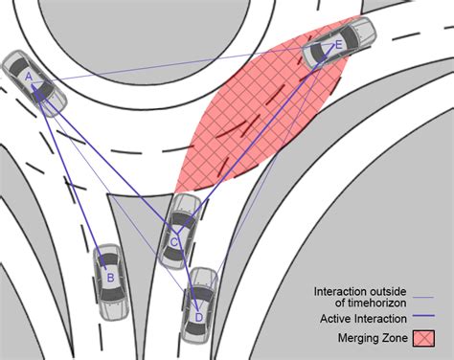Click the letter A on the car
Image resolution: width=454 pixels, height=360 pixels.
point(29,76)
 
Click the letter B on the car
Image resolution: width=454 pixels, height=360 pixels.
point(110,279)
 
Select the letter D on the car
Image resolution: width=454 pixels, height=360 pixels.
point(198,317)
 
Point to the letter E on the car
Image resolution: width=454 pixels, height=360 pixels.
point(339,44)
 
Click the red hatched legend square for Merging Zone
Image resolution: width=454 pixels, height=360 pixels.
point(421,338)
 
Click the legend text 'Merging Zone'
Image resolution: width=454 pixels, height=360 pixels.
point(372,338)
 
